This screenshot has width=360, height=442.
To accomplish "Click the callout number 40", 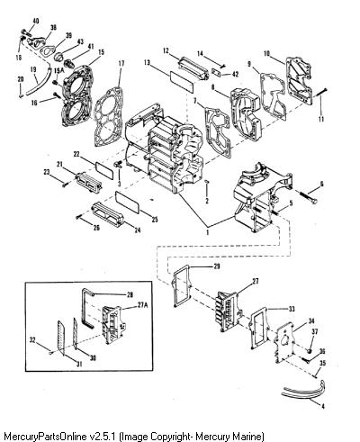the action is (35, 21).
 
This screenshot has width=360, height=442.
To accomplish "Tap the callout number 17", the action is (121, 64).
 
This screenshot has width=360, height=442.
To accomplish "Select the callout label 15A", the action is (58, 71).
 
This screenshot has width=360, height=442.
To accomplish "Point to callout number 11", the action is (321, 119).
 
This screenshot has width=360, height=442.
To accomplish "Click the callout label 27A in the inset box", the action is (143, 305).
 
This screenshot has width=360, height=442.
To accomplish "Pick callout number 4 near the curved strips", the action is (323, 407).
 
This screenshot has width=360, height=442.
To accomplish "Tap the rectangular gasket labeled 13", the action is (182, 81).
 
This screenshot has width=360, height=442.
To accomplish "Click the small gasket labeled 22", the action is (104, 169).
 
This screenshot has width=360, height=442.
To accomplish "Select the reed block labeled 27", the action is (229, 311).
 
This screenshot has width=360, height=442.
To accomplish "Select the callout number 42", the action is (235, 73).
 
